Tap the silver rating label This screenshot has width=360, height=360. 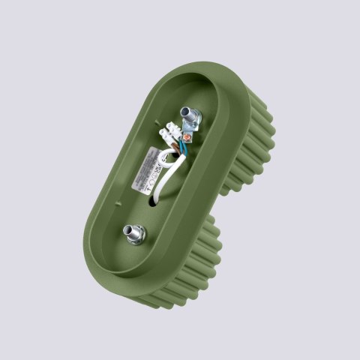(144, 175)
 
